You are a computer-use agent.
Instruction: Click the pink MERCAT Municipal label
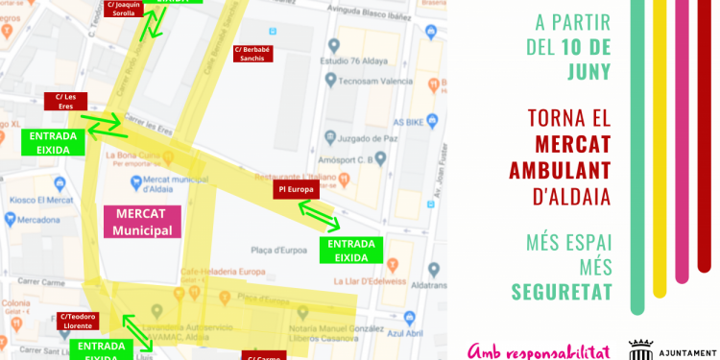coord(143,222)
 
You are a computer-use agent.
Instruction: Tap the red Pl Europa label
coord(296,190)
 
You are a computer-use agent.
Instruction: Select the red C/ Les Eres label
coord(66,101)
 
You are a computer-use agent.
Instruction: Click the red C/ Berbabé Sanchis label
coord(254,52)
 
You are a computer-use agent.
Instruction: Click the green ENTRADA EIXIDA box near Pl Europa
coord(350,250)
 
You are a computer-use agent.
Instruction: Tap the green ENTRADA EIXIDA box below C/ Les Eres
coord(53,142)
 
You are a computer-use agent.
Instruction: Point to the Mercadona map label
coord(37,219)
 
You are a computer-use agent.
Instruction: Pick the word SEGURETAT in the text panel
coord(562,291)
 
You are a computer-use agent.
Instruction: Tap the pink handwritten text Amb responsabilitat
coord(539,350)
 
